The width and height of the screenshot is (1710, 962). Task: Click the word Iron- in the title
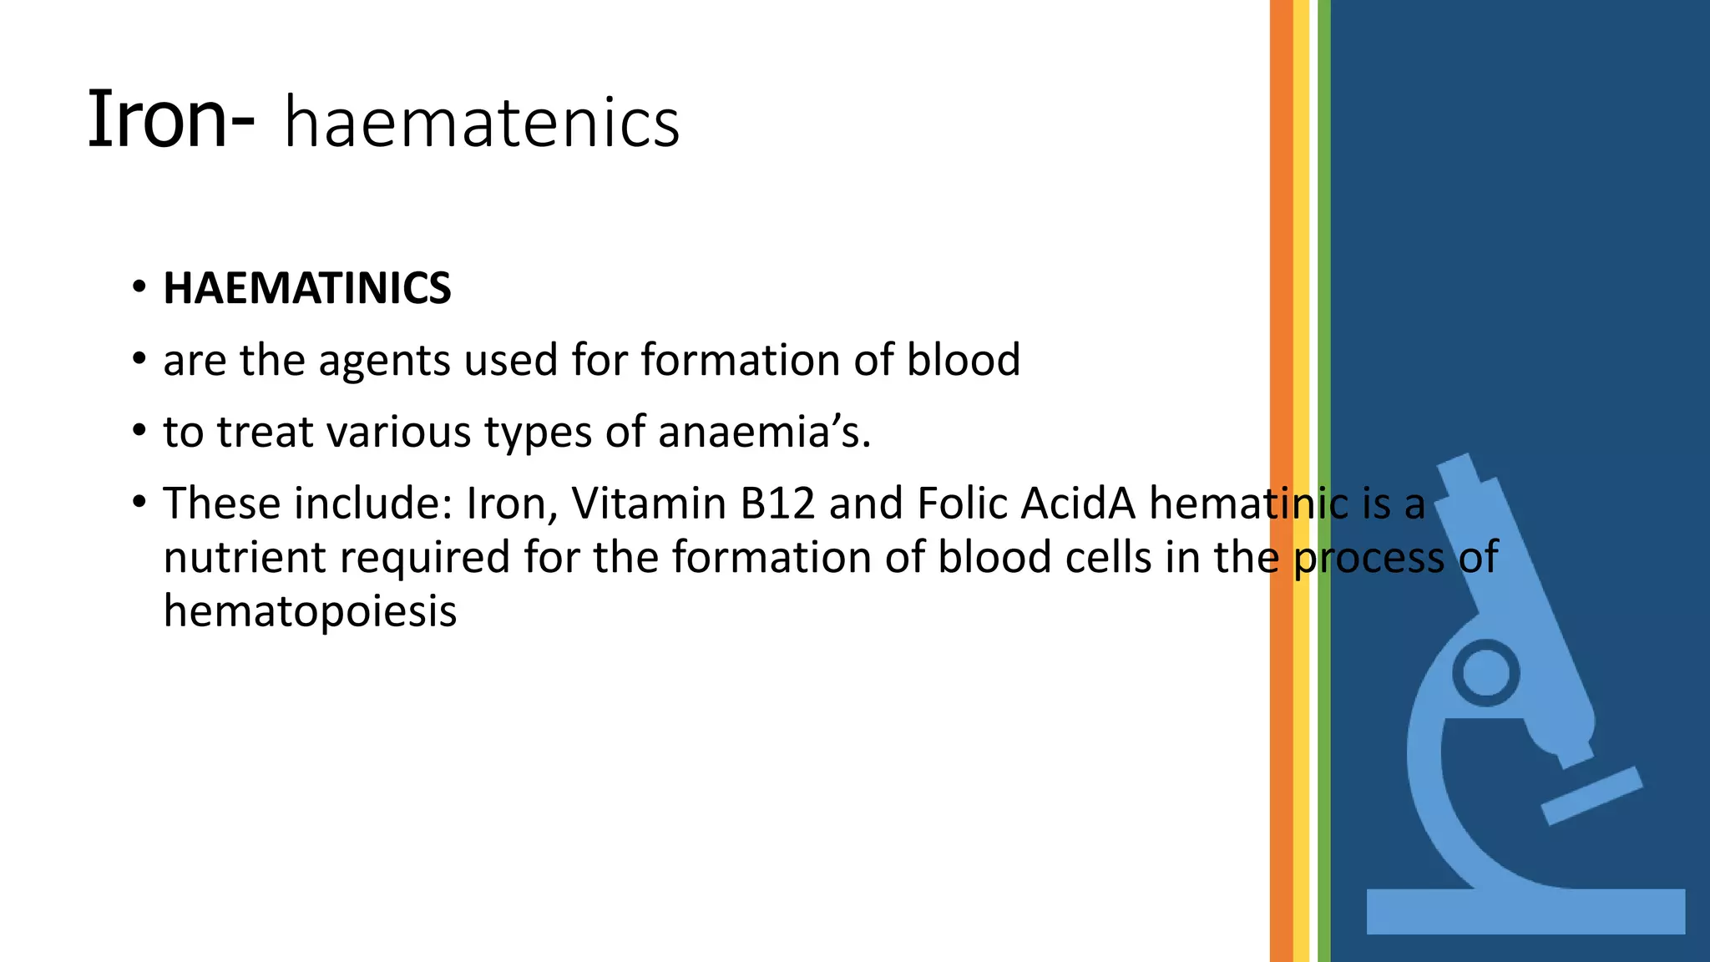[x=170, y=119]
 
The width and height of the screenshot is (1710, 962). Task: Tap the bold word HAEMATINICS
[x=306, y=288]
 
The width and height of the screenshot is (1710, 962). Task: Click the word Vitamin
[x=649, y=504]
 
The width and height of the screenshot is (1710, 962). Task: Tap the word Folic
[x=962, y=504]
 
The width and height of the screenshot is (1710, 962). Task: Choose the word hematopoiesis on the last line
[x=310, y=610]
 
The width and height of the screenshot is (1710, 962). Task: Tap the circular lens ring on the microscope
[x=1485, y=672]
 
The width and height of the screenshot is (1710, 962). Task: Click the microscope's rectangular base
[x=1525, y=911]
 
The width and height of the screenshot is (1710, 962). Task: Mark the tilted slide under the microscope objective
[x=1591, y=796]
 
